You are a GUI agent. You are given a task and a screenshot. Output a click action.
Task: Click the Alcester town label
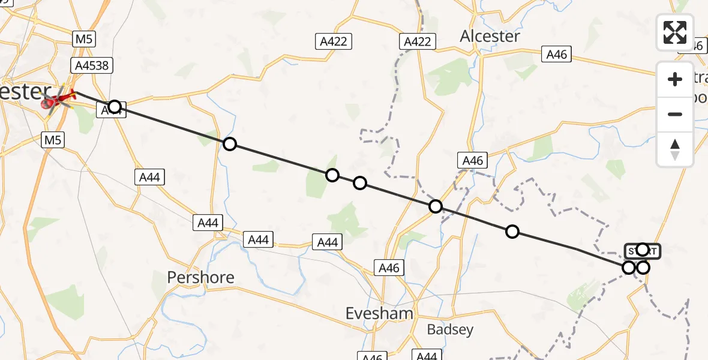pos(490,36)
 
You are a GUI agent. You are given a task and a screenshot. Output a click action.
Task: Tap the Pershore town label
pos(200,278)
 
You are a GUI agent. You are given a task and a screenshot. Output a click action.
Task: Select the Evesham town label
pos(380,313)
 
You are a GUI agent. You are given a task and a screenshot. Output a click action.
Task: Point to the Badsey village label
pos(450,329)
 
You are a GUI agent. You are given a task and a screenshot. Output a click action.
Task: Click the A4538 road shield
pos(92,65)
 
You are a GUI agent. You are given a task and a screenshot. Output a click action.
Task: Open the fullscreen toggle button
pos(675,32)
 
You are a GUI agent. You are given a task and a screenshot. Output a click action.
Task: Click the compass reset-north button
pos(675,149)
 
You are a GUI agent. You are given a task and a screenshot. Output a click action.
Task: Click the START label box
pos(643,251)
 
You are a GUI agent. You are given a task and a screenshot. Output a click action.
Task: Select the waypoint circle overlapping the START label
pos(643,249)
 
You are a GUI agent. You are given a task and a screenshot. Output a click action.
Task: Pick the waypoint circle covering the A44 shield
pos(114,107)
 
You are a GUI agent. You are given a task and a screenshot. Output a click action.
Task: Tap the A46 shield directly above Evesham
pos(389,268)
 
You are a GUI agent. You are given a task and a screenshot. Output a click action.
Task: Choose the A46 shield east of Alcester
pos(556,54)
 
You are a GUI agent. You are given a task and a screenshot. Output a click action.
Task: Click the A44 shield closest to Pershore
pos(208,223)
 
